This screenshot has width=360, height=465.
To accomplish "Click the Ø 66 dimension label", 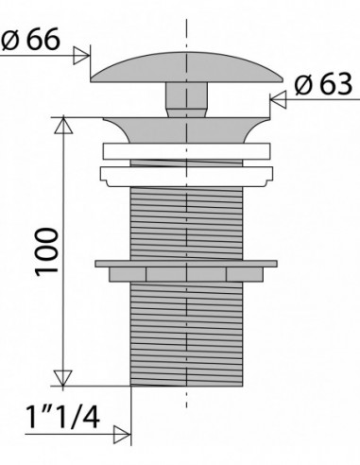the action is tap(30, 39).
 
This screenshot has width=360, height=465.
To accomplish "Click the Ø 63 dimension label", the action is tap(323, 84).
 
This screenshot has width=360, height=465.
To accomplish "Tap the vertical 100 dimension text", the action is tap(47, 252).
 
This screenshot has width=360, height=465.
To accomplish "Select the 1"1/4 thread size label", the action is tap(63, 418).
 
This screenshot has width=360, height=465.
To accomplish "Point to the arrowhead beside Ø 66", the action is tap(81, 56).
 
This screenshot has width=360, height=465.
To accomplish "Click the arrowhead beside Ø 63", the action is tap(279, 99).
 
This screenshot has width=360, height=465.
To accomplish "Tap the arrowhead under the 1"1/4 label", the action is tap(122, 435).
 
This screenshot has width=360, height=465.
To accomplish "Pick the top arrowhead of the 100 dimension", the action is tap(63, 125).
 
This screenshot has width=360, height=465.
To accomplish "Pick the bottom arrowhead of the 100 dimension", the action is tap(62, 378).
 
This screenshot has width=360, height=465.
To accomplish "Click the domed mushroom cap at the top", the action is tap(186, 68).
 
